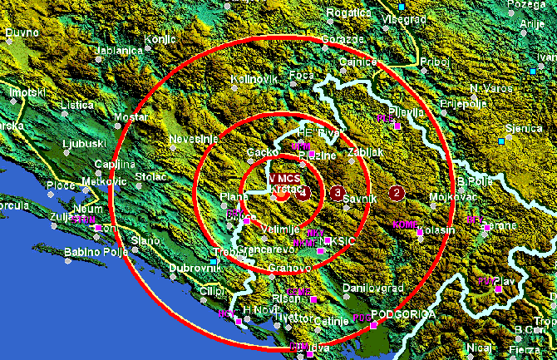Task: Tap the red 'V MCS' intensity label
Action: [284, 179]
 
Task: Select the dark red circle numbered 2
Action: [397, 193]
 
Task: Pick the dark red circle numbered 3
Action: [337, 194]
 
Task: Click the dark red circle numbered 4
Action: [304, 193]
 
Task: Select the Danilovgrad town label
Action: [373, 288]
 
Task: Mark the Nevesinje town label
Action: [193, 138]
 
